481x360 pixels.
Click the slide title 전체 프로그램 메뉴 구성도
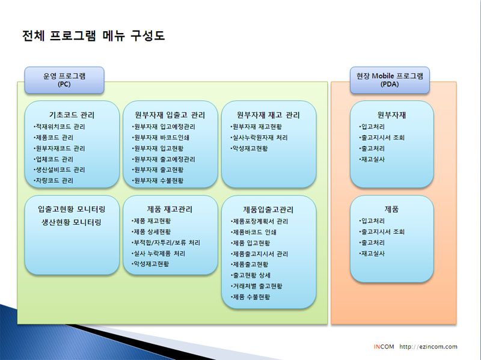(94, 35)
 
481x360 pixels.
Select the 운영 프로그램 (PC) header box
(64, 80)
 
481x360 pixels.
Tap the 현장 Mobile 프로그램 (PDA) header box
(390, 80)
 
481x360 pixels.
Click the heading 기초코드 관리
(72, 115)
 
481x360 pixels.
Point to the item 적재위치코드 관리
(59, 127)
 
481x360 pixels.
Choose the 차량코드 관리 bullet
(54, 181)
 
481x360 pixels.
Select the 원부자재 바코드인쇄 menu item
(161, 138)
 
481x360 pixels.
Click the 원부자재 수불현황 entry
(158, 181)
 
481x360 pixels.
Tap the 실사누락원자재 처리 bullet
(259, 138)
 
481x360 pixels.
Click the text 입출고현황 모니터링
(72, 209)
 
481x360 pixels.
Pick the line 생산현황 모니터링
(72, 222)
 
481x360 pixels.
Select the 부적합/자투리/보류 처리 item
(166, 243)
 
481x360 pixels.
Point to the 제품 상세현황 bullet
(151, 232)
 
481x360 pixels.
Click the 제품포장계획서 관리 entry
(259, 221)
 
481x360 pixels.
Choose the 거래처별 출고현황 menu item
(256, 286)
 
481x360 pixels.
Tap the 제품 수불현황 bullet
(250, 297)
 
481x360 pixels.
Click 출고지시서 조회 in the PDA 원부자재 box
(382, 138)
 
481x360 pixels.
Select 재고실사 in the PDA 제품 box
(372, 254)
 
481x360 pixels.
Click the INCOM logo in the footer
(384, 347)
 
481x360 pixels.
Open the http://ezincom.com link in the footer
(428, 347)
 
